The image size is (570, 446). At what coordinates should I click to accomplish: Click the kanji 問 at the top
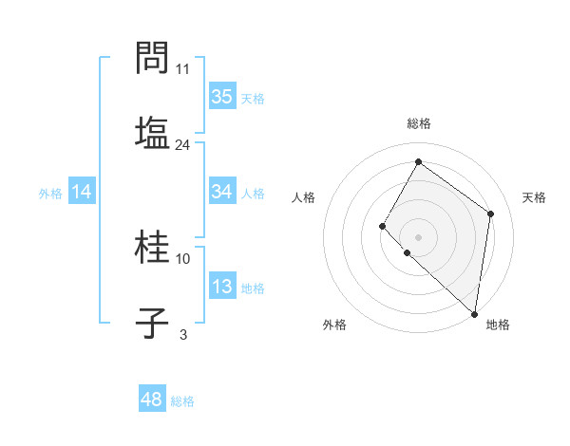point(153,59)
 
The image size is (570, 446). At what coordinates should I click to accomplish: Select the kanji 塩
point(153,131)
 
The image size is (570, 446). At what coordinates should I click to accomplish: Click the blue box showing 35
point(222,96)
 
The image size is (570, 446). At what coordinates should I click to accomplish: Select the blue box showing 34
point(222,192)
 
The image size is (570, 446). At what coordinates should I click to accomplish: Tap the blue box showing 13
point(222,287)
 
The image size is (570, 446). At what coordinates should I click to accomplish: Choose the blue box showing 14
point(82,192)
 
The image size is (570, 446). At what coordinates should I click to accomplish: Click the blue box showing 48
point(152,400)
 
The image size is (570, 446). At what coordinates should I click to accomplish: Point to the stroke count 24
point(182,145)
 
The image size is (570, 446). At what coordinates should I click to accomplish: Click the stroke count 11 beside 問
point(183,69)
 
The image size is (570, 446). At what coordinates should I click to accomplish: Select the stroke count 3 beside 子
point(183,334)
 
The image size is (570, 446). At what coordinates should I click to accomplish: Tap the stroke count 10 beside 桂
point(183,258)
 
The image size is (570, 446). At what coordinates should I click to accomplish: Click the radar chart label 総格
point(419,123)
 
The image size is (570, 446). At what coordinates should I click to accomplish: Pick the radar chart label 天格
point(535,197)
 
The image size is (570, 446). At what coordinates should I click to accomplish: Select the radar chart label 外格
point(334,325)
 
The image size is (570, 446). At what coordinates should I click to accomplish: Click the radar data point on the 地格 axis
point(474,313)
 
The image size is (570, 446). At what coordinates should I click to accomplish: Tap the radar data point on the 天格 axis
point(490,214)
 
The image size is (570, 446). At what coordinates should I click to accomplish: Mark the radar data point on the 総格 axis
point(418,161)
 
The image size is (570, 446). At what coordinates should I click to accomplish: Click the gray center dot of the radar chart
point(418,236)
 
